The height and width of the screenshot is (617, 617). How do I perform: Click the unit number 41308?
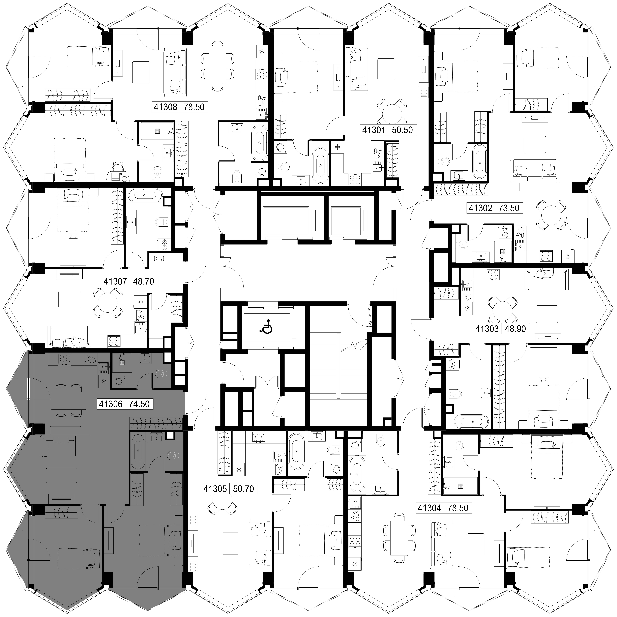click(x=165, y=107)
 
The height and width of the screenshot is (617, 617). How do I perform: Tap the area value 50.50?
click(x=402, y=130)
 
